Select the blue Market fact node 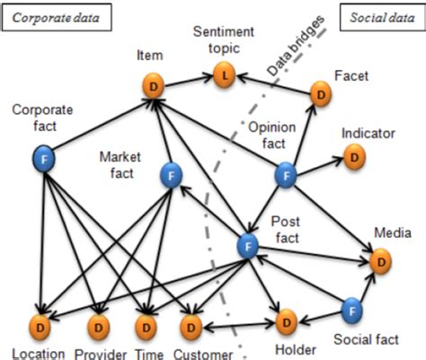tap(171, 176)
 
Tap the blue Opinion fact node tap(285, 175)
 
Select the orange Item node tap(155, 87)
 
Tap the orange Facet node tap(322, 92)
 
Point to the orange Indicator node tap(355, 158)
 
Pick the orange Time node tap(145, 323)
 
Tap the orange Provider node tap(95, 323)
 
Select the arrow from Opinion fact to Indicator tap(320, 166)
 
